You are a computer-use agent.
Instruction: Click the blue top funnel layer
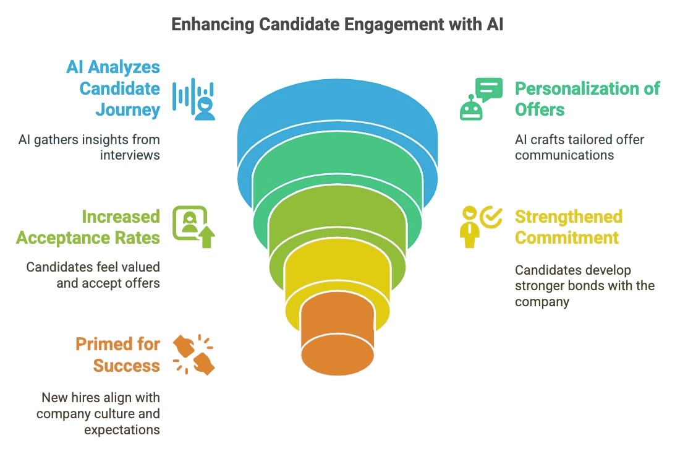337,110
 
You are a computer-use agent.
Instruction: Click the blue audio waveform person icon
193,99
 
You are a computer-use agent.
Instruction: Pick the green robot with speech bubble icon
481,99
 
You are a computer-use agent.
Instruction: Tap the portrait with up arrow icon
193,226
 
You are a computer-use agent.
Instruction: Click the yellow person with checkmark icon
481,226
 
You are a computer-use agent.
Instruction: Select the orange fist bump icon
193,354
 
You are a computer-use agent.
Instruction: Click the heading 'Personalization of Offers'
587,99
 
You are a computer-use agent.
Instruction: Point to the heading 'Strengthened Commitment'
569,227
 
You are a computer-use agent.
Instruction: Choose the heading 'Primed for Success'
117,355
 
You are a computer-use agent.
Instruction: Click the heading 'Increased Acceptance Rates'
88,227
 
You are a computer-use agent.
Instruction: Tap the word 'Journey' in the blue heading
128,110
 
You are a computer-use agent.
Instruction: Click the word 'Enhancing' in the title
213,24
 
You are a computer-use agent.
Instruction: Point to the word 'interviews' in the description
130,155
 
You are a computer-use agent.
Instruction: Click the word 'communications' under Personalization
564,155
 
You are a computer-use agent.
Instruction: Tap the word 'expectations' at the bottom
122,430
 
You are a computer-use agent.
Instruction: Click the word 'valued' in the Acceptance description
143,267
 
